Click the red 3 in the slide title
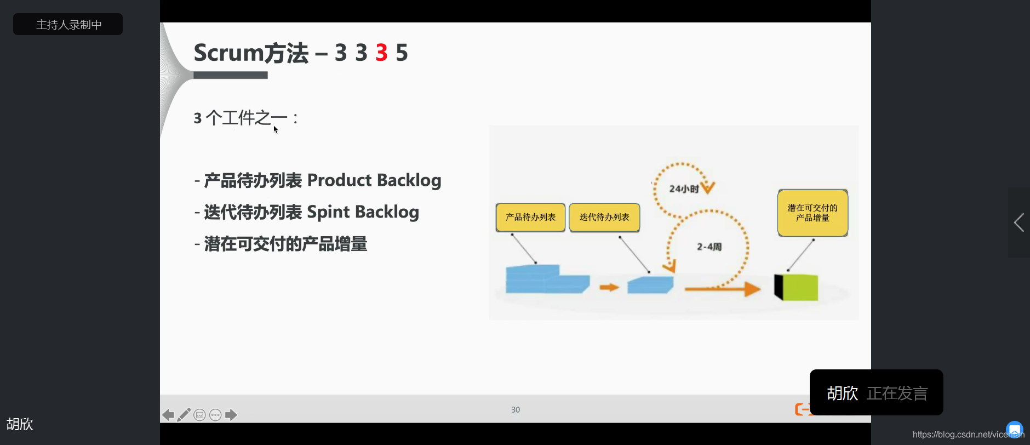(381, 53)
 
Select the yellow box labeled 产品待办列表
(530, 218)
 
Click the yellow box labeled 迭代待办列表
(604, 218)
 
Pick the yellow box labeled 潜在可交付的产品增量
(812, 213)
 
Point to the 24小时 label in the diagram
(684, 189)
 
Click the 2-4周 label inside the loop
(709, 247)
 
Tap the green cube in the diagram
(799, 287)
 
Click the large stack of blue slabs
(545, 279)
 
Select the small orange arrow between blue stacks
(609, 287)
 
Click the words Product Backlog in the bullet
(374, 180)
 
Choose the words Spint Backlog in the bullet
(363, 212)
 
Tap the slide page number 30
(516, 410)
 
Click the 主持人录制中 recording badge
(68, 25)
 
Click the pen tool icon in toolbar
(184, 415)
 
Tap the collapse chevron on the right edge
(1018, 222)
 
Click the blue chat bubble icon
(1014, 429)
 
